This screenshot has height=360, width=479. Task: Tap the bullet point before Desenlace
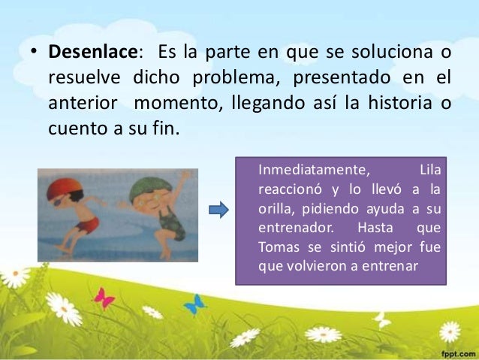pyautogui.click(x=35, y=55)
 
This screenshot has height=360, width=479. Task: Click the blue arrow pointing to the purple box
pyautogui.click(x=218, y=210)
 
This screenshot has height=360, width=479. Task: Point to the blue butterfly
pyautogui.click(x=195, y=304)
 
